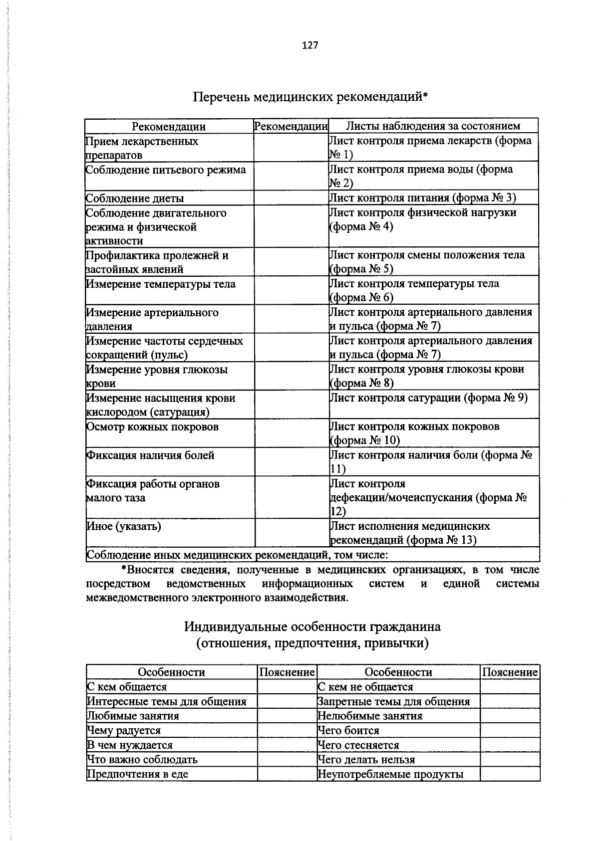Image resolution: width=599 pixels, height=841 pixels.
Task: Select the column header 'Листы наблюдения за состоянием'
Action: click(x=433, y=126)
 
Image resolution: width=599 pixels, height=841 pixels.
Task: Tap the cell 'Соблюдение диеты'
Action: click(x=135, y=199)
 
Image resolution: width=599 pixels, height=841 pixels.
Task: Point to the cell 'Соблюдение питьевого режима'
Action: click(x=166, y=170)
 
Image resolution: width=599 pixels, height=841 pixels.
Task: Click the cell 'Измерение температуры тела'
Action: click(x=161, y=284)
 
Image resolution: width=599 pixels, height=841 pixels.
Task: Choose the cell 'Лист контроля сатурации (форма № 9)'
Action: click(x=428, y=398)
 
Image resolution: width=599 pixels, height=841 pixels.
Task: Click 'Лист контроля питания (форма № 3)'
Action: click(x=422, y=198)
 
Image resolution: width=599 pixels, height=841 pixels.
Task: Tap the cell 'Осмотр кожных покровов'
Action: click(x=152, y=427)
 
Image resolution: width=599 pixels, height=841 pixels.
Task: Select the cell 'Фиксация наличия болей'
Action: click(x=150, y=455)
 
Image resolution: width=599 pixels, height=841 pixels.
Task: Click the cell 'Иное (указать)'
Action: click(x=124, y=526)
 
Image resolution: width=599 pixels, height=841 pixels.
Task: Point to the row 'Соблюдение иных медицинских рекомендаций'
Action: click(x=237, y=555)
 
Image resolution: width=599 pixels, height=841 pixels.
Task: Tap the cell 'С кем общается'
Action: click(x=127, y=687)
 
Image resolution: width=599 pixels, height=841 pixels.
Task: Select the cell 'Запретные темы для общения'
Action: click(x=394, y=702)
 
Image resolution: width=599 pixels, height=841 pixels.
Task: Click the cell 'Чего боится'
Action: click(x=348, y=731)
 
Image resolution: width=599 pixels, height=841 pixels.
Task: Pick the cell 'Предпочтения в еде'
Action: click(x=138, y=774)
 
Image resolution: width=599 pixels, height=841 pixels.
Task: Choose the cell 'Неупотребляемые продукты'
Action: click(x=391, y=774)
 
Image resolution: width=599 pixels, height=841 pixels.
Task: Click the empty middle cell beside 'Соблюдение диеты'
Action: click(x=291, y=198)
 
